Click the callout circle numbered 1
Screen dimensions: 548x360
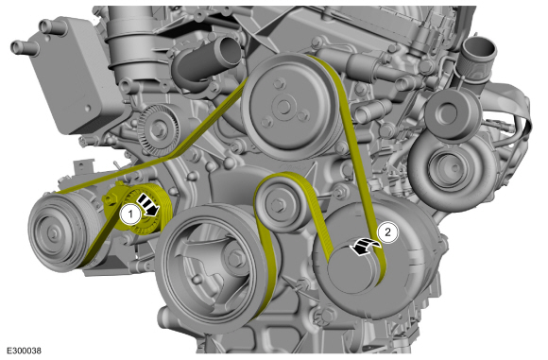coord(130,214)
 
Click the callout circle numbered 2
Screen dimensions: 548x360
coord(387,232)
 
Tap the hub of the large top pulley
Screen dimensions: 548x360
coord(283,106)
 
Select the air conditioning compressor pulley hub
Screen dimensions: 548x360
coord(53,232)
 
